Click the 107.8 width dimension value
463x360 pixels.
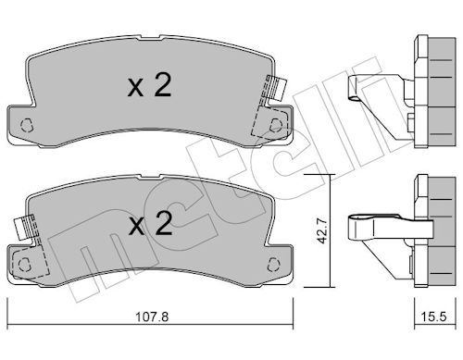(152, 317)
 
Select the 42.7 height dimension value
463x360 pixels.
(323, 231)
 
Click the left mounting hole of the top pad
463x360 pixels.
(26, 126)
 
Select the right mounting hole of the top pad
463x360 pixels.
(276, 126)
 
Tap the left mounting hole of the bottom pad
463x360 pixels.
(24, 265)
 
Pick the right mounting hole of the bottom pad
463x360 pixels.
(273, 265)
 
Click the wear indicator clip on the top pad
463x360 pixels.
(275, 88)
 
